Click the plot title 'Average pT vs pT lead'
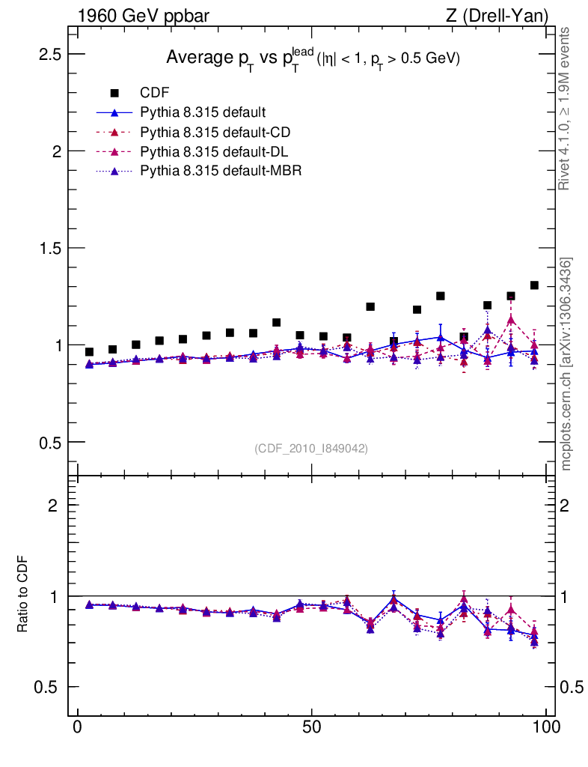tap(312, 58)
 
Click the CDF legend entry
tap(155, 93)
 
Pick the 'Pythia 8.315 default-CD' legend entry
tap(215, 133)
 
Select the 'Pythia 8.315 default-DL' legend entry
tap(215, 152)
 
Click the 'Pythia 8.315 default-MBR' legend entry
tap(221, 172)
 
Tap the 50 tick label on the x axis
tap(312, 728)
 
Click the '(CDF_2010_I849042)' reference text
tap(311, 448)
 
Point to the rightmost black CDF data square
tap(534, 285)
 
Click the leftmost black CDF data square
tap(89, 352)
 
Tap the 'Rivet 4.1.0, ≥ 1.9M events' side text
tap(566, 109)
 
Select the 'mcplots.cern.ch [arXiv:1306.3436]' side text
tap(566, 364)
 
